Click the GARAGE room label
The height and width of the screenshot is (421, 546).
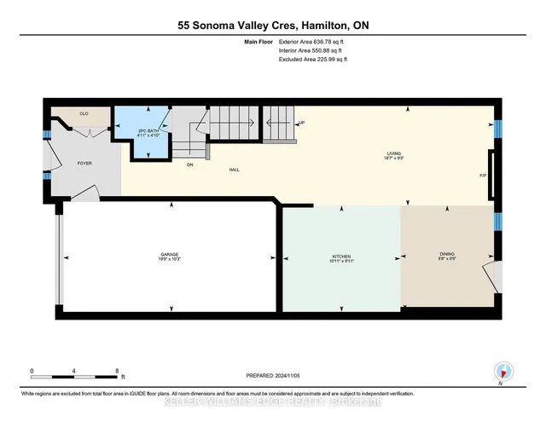[x=169, y=254]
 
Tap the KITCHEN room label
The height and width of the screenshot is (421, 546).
[x=341, y=255]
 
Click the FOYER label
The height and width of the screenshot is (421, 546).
[x=84, y=163]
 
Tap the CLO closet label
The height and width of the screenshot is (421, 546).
[x=84, y=113]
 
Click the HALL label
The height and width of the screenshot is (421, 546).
[x=233, y=170]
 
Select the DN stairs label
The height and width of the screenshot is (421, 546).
[x=192, y=164]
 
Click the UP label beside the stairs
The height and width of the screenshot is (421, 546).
[x=300, y=123]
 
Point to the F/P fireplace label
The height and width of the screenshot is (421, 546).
[x=483, y=175]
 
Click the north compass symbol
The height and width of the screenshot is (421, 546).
[x=502, y=372]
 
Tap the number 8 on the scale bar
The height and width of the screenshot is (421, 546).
[x=118, y=371]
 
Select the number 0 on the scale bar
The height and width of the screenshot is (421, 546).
[x=32, y=371]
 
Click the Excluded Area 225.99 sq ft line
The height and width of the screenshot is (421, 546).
[x=313, y=60]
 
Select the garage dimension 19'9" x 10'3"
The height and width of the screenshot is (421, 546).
[x=169, y=260]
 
